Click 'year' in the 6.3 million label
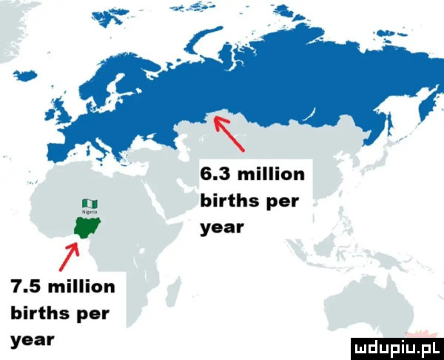pyautogui.click(x=218, y=227)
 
